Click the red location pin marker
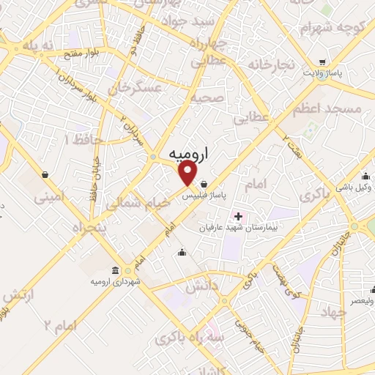tap(189, 173)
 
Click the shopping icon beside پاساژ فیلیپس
tap(213, 184)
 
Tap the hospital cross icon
tap(237, 216)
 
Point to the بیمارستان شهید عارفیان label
tap(234, 228)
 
